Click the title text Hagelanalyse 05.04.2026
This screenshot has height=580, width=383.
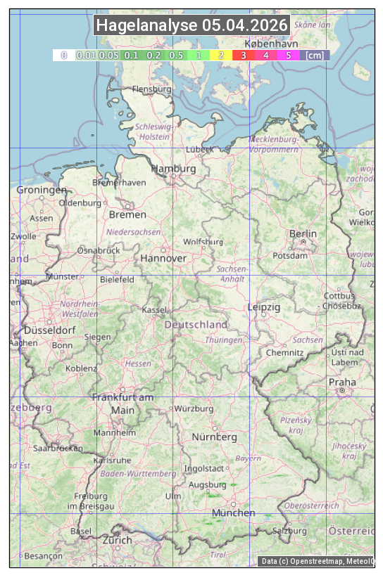point(191,25)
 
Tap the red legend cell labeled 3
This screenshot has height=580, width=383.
point(243,55)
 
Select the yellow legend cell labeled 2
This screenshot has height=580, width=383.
point(221,55)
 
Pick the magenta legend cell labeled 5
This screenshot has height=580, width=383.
point(289,55)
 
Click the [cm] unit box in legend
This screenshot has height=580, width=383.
point(315,55)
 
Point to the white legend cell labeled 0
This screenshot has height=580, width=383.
point(63,55)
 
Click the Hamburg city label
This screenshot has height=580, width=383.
point(173,169)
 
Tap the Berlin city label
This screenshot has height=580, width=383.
point(303,233)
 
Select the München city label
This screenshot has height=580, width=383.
point(234,513)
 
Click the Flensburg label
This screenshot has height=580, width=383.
point(152,89)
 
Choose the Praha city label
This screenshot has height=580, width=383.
point(342,382)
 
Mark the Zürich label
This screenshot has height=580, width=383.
point(117,540)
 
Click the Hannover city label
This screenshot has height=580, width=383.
point(163,258)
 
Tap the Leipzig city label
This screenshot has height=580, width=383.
point(264,307)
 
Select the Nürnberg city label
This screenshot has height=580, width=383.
point(215,437)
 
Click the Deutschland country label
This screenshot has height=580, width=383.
point(196,325)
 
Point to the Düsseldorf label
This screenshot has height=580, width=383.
point(50,330)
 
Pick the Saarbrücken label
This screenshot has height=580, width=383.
point(57,447)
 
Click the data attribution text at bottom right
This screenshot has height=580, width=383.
point(318,561)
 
